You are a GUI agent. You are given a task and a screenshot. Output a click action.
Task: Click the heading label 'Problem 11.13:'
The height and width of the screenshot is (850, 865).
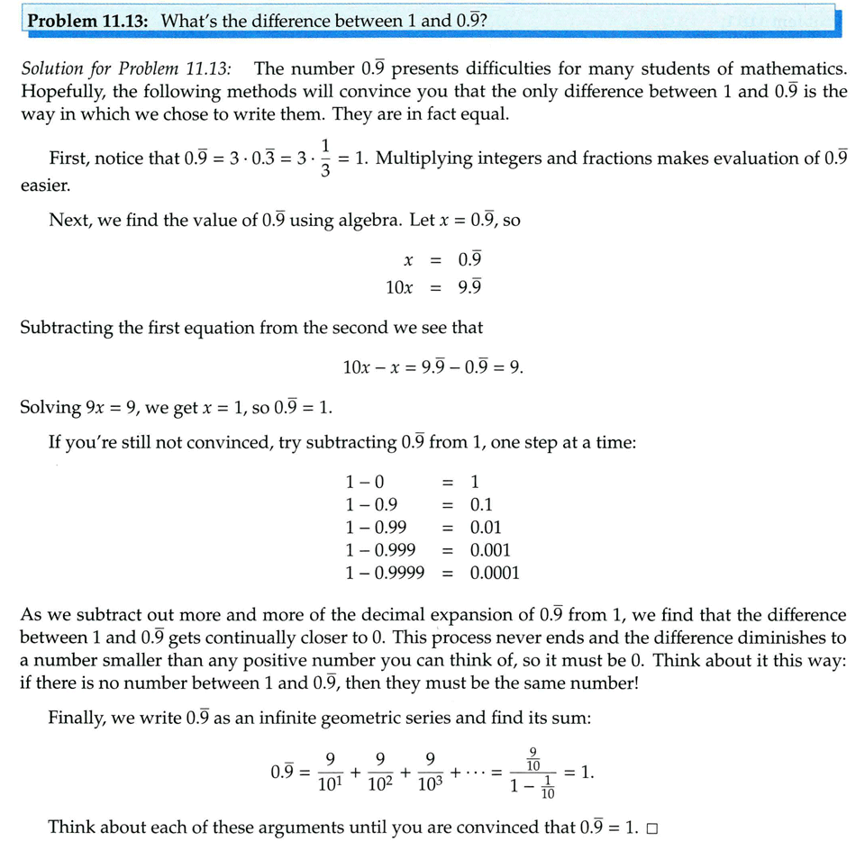[90, 20]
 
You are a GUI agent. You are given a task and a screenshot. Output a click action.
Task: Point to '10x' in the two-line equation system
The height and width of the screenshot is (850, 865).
[399, 287]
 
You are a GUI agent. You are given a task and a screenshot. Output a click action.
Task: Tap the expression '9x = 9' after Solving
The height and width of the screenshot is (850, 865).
[111, 407]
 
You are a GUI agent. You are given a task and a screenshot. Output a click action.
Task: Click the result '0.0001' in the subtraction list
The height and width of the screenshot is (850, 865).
[495, 573]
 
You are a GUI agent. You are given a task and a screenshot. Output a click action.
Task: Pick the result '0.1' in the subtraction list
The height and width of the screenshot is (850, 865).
[481, 505]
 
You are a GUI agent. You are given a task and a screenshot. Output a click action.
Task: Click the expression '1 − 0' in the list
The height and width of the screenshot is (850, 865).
[365, 483]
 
